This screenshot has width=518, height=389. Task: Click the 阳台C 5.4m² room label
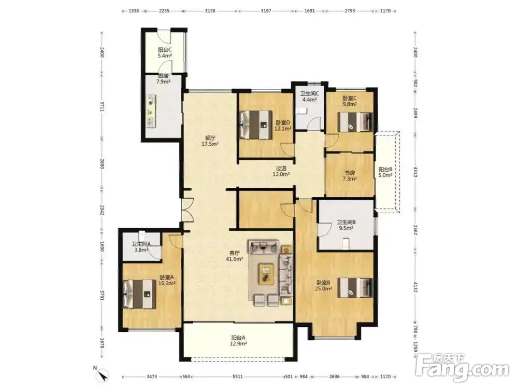pyautogui.click(x=165, y=52)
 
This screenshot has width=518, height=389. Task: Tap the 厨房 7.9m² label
pyautogui.click(x=163, y=79)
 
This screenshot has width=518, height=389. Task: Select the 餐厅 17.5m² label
pyautogui.click(x=210, y=141)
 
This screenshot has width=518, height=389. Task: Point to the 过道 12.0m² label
pyautogui.click(x=281, y=171)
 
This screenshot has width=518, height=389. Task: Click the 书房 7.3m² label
pyautogui.click(x=350, y=176)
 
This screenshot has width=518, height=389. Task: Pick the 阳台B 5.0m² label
pyautogui.click(x=385, y=172)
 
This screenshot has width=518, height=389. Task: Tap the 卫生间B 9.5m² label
pyautogui.click(x=346, y=225)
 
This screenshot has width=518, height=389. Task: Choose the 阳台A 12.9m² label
pyautogui.click(x=238, y=341)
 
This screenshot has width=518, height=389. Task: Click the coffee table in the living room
pyautogui.click(x=266, y=273)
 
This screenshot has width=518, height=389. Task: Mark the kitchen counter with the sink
pyautogui.click(x=151, y=111)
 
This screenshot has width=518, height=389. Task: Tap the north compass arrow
pyautogui.click(x=104, y=376)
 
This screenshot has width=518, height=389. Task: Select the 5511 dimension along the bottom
pyautogui.click(x=238, y=377)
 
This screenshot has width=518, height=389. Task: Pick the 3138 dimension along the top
pyautogui.click(x=210, y=10)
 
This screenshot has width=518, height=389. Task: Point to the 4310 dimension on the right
pyautogui.click(x=415, y=172)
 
